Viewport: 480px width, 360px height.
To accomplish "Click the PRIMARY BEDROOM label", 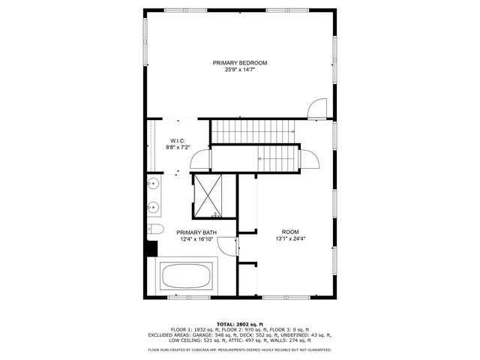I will [x=240, y=63].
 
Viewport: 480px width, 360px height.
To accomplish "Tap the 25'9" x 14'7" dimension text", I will [x=240, y=70].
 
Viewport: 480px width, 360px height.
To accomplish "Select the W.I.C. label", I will [x=178, y=141].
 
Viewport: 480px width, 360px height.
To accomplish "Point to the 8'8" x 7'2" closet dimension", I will [x=178, y=148].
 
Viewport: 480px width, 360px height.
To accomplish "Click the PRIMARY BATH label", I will [x=196, y=232].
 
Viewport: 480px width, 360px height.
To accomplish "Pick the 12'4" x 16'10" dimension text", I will [x=196, y=240].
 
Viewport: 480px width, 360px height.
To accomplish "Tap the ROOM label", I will [x=290, y=232].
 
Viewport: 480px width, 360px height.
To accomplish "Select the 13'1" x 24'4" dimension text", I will [x=290, y=239].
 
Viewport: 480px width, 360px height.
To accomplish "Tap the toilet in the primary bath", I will [x=155, y=229].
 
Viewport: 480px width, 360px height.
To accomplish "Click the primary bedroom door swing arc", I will [x=319, y=109].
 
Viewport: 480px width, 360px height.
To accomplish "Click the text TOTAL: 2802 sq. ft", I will [x=240, y=322].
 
